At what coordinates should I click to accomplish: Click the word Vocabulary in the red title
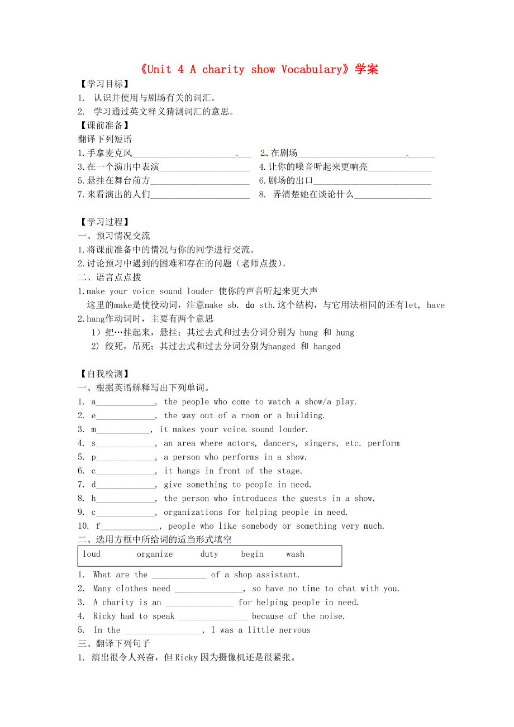coord(312,70)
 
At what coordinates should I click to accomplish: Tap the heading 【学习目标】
coord(104,84)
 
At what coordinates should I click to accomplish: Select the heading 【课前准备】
coord(104,126)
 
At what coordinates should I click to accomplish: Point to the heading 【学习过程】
coord(104,222)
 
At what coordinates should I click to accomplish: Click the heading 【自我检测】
coord(104,374)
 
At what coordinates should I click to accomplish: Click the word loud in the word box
coord(92,554)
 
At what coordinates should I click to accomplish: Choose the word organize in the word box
coord(155,554)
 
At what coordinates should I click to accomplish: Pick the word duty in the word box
coord(210,554)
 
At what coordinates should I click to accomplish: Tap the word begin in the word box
coord(252,554)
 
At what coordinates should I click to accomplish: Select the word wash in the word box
coord(295,554)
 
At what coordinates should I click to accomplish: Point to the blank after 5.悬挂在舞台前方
coord(200,181)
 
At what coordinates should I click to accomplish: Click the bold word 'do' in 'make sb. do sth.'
coord(250,305)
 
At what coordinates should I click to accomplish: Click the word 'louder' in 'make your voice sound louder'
coord(200,291)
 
